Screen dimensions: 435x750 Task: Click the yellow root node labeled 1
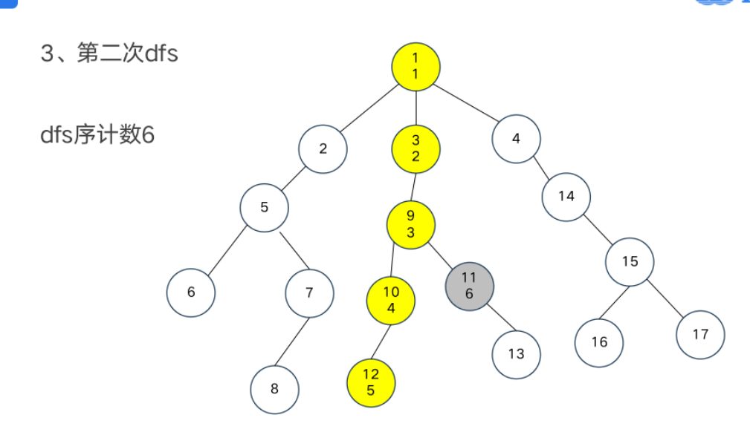coord(416,65)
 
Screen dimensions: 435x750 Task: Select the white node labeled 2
coord(323,148)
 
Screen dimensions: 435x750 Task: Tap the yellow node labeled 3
coord(416,148)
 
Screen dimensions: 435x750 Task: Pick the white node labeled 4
coord(516,138)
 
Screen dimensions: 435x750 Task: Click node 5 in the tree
coord(265,207)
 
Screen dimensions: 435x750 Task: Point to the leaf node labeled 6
coord(191,292)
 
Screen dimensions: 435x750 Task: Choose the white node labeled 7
coord(309,292)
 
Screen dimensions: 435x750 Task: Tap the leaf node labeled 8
coord(274,388)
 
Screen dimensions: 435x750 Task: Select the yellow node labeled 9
coord(410,224)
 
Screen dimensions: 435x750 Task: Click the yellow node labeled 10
coord(391,300)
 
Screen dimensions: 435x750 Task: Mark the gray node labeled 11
coord(469,286)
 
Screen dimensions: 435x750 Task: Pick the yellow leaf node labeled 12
coord(371,383)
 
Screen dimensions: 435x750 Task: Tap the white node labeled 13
coord(516,354)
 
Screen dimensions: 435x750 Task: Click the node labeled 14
coord(566,197)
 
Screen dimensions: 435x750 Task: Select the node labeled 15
coord(630,261)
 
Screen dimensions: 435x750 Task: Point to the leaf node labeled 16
coord(599,341)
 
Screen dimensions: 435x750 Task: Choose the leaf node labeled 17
coord(700,334)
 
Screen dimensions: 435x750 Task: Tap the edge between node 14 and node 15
coord(598,229)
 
